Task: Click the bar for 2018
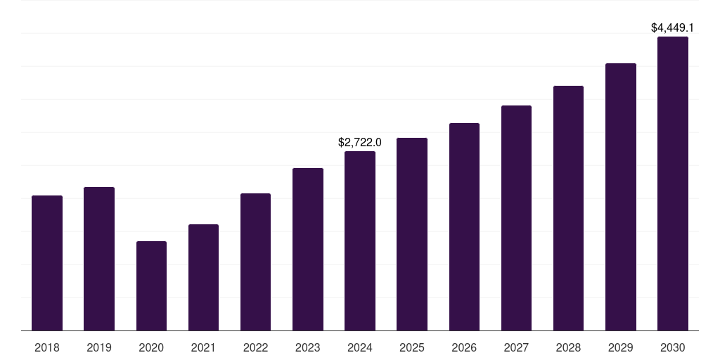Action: click(47, 263)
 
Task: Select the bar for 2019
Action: click(99, 259)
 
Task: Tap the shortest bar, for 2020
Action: click(151, 285)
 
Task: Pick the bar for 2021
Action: click(203, 277)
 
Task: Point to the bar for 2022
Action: click(255, 262)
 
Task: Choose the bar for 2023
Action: click(308, 249)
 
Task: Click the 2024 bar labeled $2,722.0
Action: click(360, 240)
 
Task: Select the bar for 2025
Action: click(412, 234)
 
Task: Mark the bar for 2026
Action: click(464, 226)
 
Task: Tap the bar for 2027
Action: click(516, 218)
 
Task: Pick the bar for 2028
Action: click(568, 208)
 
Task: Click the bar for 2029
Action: click(621, 197)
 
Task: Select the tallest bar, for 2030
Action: click(673, 184)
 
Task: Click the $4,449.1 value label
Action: click(673, 28)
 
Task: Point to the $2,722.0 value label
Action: click(360, 143)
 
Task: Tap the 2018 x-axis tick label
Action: click(47, 347)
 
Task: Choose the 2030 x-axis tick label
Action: click(673, 347)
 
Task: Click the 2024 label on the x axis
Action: click(360, 347)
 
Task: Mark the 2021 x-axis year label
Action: click(203, 347)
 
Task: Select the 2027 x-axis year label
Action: click(516, 347)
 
